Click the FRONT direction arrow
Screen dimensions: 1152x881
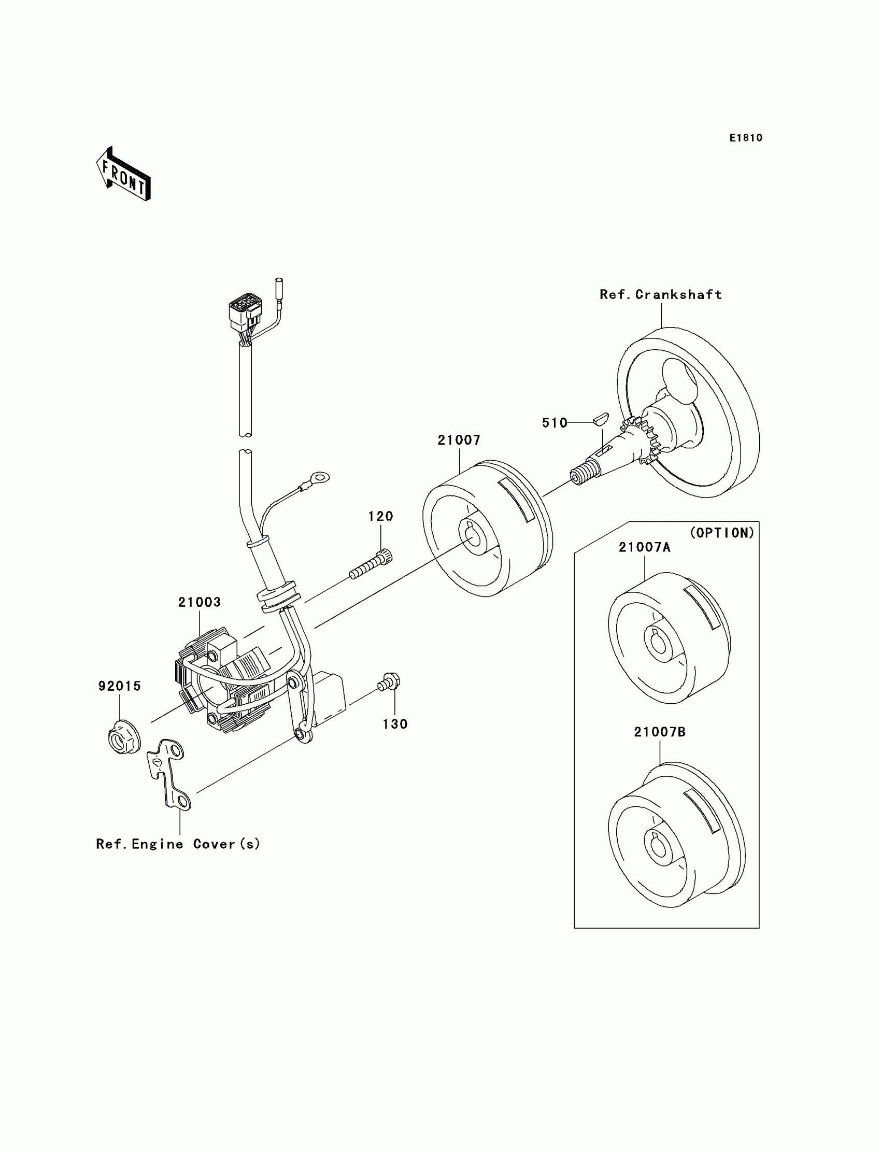(x=124, y=175)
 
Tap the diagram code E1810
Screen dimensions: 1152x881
(x=746, y=138)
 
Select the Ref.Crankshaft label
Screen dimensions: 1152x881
(x=661, y=295)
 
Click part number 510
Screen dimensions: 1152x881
(x=555, y=423)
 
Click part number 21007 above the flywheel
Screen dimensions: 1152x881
(x=459, y=440)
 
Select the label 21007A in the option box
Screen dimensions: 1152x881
(x=644, y=547)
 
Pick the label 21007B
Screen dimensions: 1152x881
(x=659, y=732)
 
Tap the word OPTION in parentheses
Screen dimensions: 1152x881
(x=722, y=533)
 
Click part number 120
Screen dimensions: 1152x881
(x=380, y=517)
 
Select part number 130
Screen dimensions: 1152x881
(x=395, y=724)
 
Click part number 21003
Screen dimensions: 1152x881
(x=200, y=603)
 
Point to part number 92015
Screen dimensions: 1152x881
(x=120, y=686)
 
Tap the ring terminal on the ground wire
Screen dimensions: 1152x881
(x=318, y=478)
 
